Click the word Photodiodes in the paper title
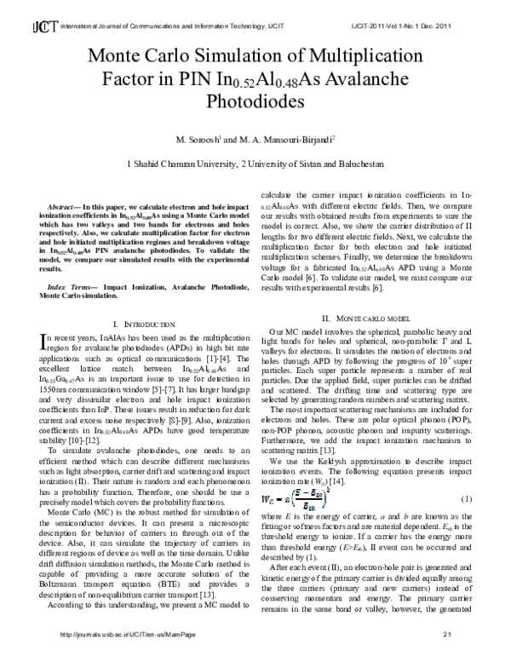pos(255,101)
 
